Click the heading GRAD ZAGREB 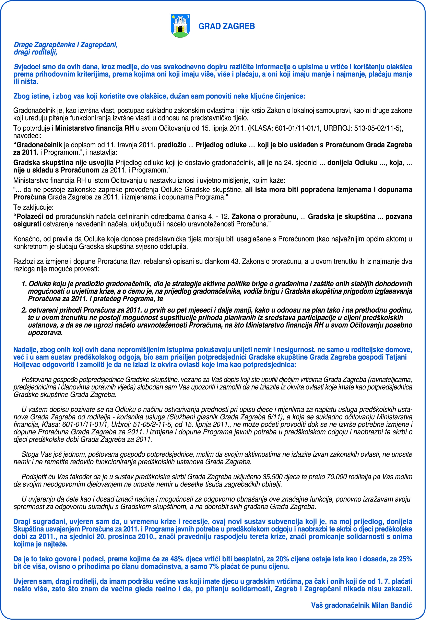[x=227, y=26]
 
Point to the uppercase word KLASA [x=261, y=128]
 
